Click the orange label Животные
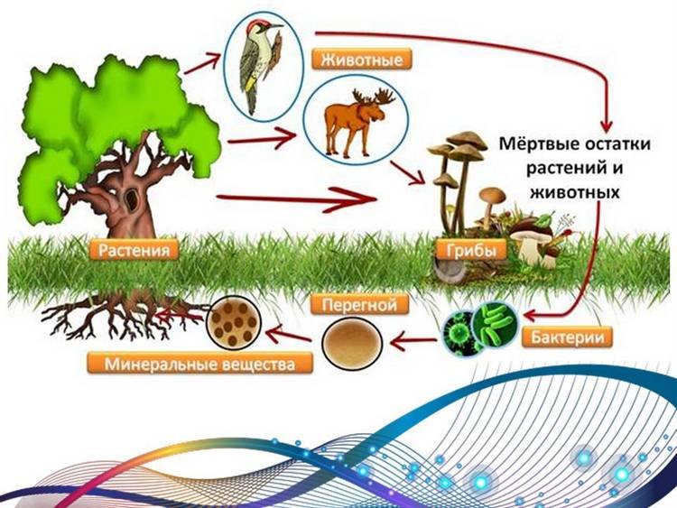pos(361,60)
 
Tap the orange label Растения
pos(134,250)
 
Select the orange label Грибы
pos(470,249)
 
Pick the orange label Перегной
pos(359,305)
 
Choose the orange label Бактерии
pos(567,337)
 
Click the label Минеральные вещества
pos(199,364)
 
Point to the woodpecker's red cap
pos(254,25)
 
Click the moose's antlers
pos(374,97)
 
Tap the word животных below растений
pos(575,192)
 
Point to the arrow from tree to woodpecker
pos(202,63)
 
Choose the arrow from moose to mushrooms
pos(407,173)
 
